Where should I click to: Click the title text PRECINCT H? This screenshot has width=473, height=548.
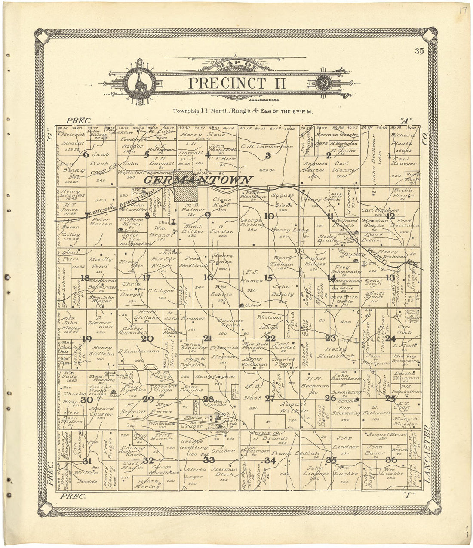(x=237, y=83)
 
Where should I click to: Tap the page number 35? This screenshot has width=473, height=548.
(x=419, y=51)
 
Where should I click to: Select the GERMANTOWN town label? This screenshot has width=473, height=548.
(x=199, y=180)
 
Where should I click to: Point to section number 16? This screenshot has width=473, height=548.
(x=209, y=277)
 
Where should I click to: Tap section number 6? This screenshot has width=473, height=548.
(x=86, y=155)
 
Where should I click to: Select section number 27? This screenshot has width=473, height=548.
(x=270, y=399)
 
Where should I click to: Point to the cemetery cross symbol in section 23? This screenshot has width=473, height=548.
(x=356, y=341)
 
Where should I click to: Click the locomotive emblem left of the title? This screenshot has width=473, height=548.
(x=139, y=82)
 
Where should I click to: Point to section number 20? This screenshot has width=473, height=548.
(x=147, y=339)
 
